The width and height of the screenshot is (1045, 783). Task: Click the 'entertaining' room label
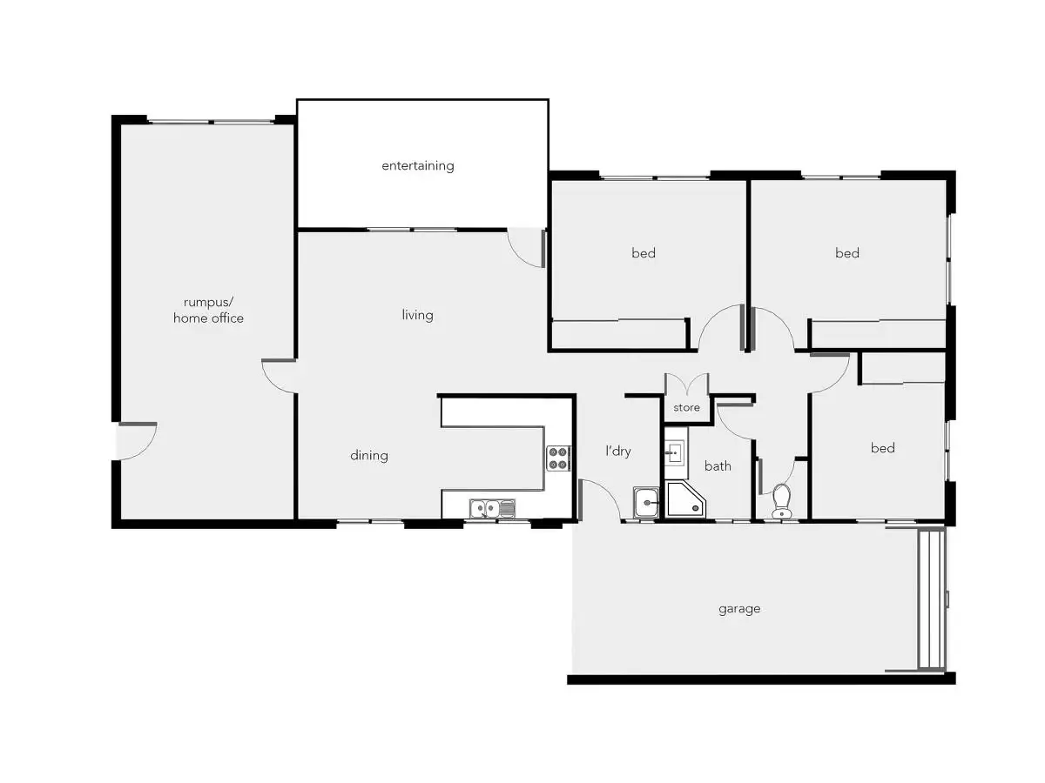(x=418, y=165)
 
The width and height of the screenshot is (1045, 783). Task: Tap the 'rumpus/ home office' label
(x=208, y=311)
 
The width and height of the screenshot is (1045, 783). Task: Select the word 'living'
(x=417, y=315)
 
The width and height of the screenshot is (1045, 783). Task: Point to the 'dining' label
(x=369, y=455)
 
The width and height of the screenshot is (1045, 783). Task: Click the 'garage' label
(x=739, y=609)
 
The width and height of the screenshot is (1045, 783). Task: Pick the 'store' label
(x=686, y=407)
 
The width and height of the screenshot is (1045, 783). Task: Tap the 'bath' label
(x=718, y=466)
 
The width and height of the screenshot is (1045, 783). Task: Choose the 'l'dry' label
(x=618, y=451)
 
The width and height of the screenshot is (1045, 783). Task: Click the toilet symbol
(x=781, y=501)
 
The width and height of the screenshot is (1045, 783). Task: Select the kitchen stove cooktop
(x=557, y=458)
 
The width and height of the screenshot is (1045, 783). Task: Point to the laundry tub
(x=646, y=502)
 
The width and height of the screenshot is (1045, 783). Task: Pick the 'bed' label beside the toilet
(x=882, y=448)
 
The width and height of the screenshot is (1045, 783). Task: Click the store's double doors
(x=686, y=385)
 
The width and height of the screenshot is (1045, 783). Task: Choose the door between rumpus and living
(x=280, y=376)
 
